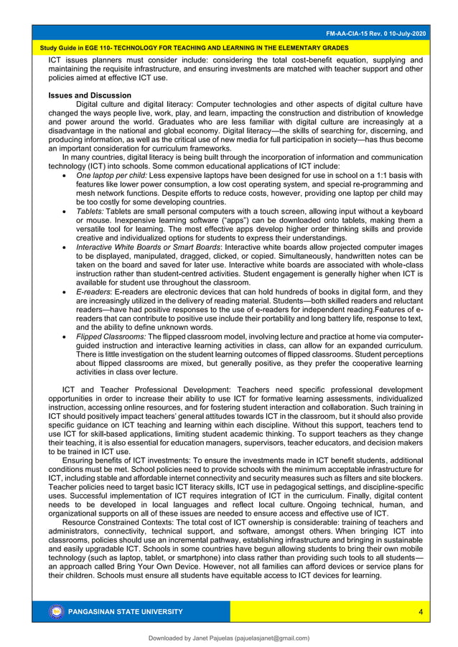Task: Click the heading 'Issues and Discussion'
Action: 90,95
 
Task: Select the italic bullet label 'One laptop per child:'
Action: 111,175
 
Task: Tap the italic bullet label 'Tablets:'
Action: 90,213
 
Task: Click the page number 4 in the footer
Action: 420,611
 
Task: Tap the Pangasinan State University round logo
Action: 57,612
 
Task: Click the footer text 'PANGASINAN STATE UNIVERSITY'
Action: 126,612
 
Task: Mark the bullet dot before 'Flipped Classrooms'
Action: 67,337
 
